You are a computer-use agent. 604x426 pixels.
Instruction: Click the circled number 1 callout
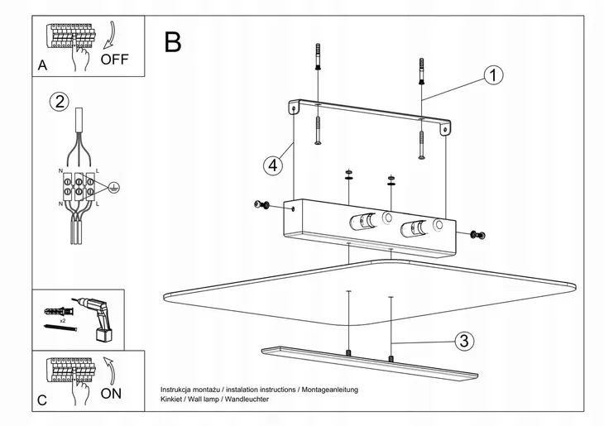(493, 76)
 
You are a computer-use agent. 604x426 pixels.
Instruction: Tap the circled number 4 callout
(271, 165)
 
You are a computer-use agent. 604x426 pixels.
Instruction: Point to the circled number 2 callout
(59, 103)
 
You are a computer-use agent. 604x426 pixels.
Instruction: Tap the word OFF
(114, 60)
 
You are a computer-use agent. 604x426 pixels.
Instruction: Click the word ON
(111, 394)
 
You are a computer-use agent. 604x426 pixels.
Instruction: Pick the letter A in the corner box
(42, 65)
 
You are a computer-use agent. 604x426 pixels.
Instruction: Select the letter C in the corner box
(42, 401)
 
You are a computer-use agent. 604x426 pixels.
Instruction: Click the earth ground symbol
(116, 188)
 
